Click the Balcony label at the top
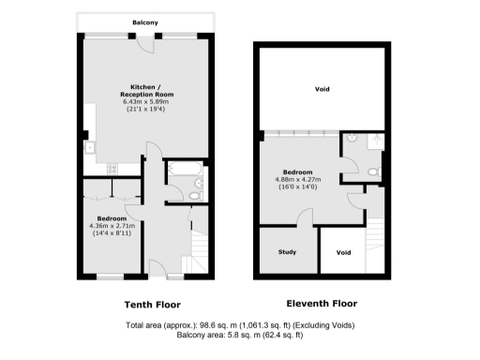click(x=144, y=18)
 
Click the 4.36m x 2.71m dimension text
click(x=112, y=225)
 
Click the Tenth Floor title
click(x=153, y=305)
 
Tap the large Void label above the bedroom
click(x=322, y=89)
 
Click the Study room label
click(x=287, y=252)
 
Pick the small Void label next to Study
click(x=343, y=252)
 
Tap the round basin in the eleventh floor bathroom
click(x=350, y=141)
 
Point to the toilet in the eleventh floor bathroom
click(x=373, y=172)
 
